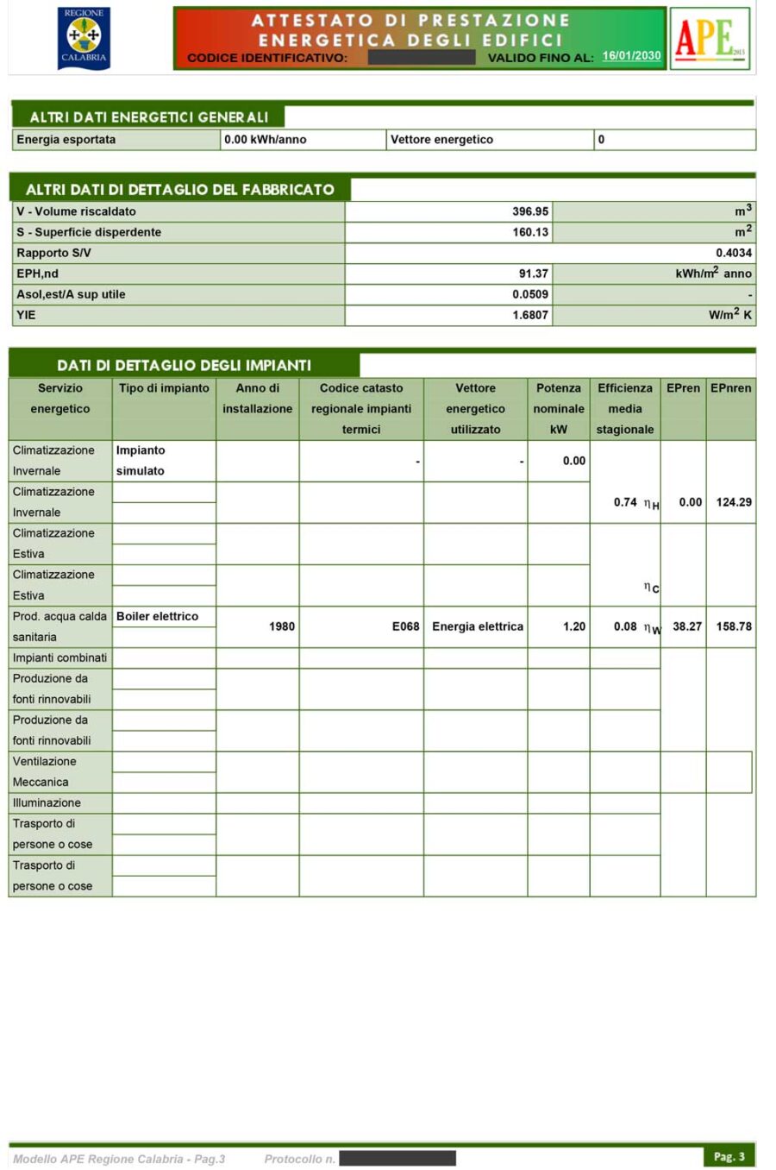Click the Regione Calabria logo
point(84,37)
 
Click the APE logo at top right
point(710,38)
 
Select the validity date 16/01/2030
point(631,56)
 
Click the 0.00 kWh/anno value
point(265,140)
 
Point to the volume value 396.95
point(529,211)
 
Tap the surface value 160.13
point(529,232)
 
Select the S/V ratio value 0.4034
point(733,253)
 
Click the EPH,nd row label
point(38,274)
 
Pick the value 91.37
point(533,274)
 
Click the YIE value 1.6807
point(529,315)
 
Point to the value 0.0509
point(529,294)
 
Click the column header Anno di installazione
point(257,399)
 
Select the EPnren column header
point(730,388)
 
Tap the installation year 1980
point(281,626)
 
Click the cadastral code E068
point(405,626)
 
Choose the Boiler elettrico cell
point(157,616)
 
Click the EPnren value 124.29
point(733,502)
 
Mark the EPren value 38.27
point(686,626)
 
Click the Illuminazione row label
point(47,802)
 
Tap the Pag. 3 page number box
point(729,1156)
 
